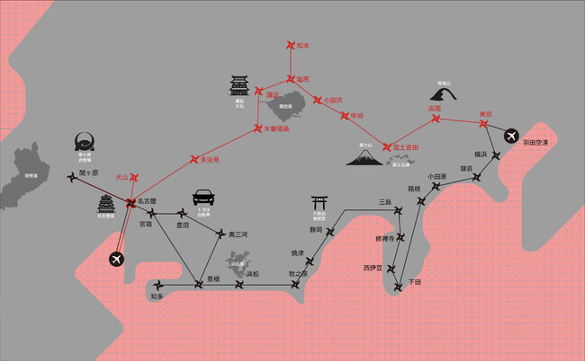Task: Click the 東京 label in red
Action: pos(485,113)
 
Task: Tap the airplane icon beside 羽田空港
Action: pos(513,136)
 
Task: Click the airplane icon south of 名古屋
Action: pos(115,259)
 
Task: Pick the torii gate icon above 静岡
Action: pos(318,203)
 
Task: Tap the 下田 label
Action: pos(414,282)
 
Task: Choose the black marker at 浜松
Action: pos(238,287)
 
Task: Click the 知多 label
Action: pos(157,296)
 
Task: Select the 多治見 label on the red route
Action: pos(209,160)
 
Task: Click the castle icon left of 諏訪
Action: pos(239,87)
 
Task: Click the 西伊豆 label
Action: pos(373,268)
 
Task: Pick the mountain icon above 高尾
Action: pos(443,93)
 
